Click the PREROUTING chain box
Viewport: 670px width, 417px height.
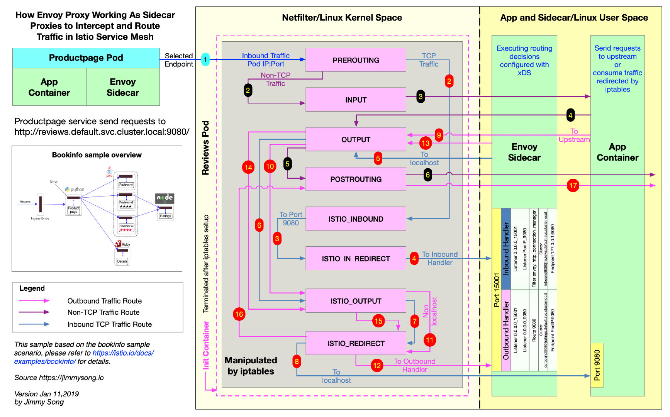click(x=356, y=60)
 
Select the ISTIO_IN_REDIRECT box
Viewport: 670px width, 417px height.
click(x=356, y=258)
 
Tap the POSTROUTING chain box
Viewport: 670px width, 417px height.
click(x=356, y=179)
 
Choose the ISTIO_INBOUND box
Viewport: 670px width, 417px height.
click(x=356, y=219)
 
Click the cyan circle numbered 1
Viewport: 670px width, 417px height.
click(x=205, y=59)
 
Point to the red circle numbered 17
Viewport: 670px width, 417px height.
click(x=573, y=186)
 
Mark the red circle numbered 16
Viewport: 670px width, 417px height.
click(x=239, y=314)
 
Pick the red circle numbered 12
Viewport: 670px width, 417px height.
click(x=377, y=365)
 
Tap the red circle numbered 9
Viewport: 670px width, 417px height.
click(x=439, y=135)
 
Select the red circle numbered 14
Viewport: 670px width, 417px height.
click(x=248, y=168)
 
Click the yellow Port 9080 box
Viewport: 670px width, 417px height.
click(x=597, y=365)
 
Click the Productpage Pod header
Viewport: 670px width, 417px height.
click(x=86, y=58)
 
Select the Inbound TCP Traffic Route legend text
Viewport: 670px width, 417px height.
click(x=109, y=324)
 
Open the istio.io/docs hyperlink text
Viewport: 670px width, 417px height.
click(x=123, y=353)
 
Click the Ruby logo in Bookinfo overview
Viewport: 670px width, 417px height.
click(x=119, y=244)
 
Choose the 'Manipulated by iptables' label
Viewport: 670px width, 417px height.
click(x=251, y=366)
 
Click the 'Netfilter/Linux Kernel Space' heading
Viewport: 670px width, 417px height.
click(x=342, y=18)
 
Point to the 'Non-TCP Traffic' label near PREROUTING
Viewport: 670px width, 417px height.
click(x=275, y=79)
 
